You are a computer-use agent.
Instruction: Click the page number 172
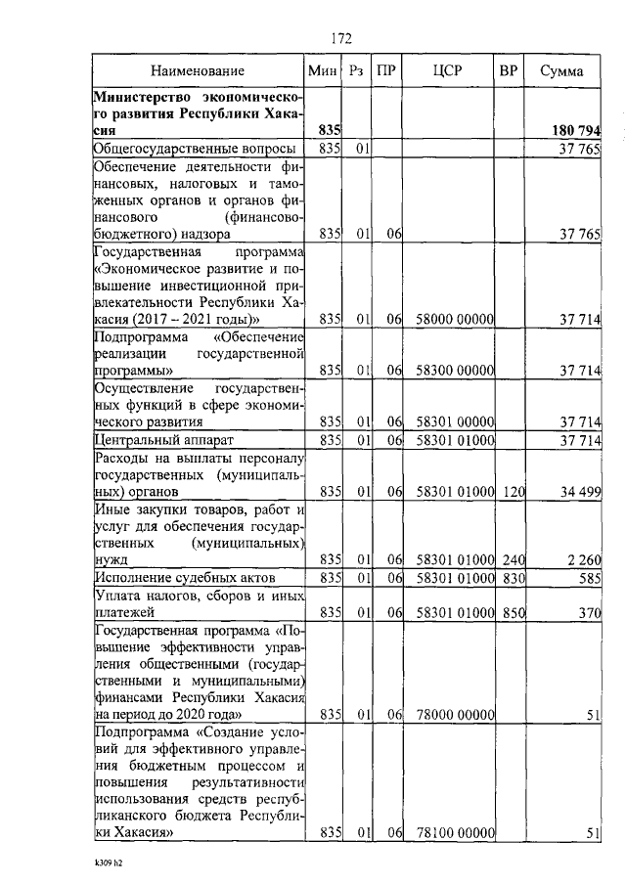pos(340,39)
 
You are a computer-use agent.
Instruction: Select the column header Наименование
pos(198,71)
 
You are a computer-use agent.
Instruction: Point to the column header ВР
pos(508,71)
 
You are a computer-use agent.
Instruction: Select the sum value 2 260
pos(582,559)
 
